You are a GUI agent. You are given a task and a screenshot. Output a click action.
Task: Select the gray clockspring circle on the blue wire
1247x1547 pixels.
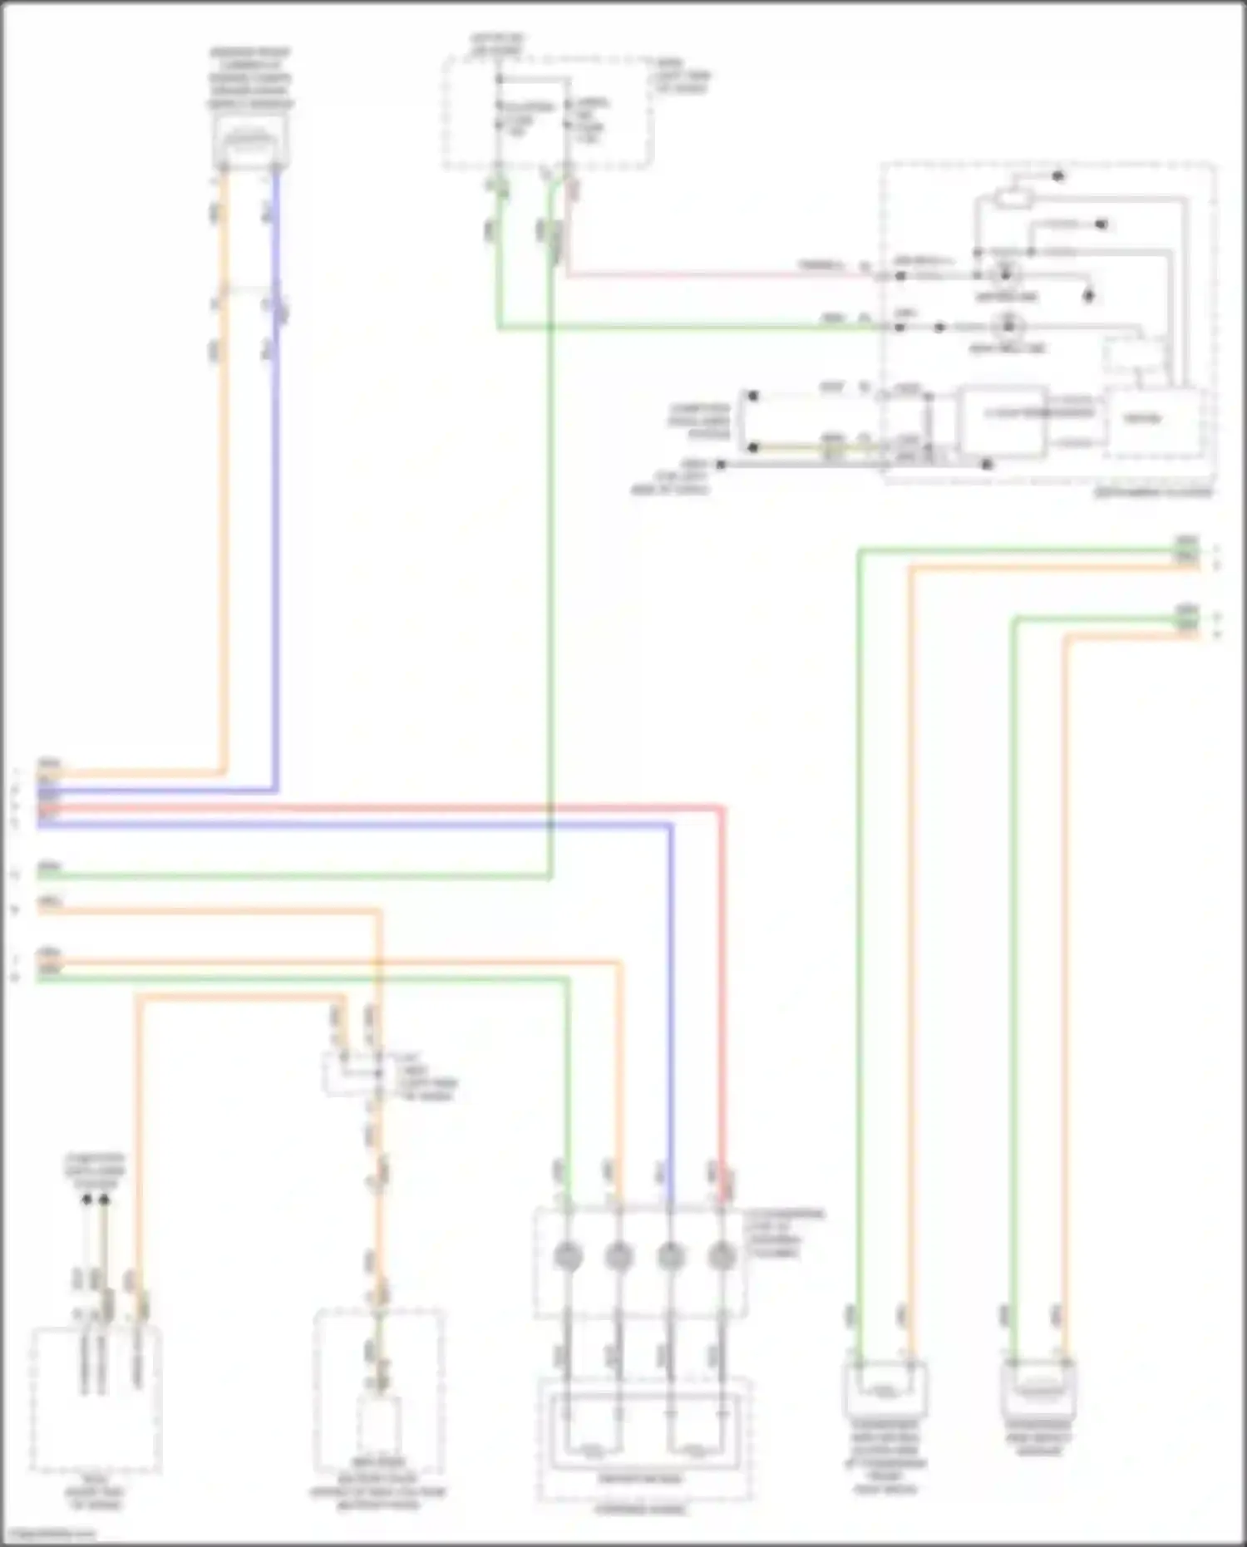tap(670, 1256)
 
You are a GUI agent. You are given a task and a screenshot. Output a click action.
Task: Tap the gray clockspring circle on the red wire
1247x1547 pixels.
tap(722, 1256)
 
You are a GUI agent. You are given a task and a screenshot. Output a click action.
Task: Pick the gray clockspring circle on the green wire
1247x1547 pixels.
tap(567, 1256)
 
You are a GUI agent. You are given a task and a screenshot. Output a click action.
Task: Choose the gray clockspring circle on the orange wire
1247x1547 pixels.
tap(619, 1256)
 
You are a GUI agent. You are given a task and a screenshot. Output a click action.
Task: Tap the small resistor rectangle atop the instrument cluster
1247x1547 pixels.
tap(1013, 198)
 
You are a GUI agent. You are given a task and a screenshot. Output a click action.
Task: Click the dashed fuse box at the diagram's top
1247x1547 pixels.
tap(547, 112)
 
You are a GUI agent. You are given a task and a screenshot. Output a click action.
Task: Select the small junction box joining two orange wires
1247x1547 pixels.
tap(352, 1073)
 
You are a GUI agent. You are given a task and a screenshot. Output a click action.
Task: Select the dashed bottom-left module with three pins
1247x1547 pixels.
tap(96, 1399)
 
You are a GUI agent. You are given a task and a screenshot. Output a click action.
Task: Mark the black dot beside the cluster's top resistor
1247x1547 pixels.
tap(1058, 176)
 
